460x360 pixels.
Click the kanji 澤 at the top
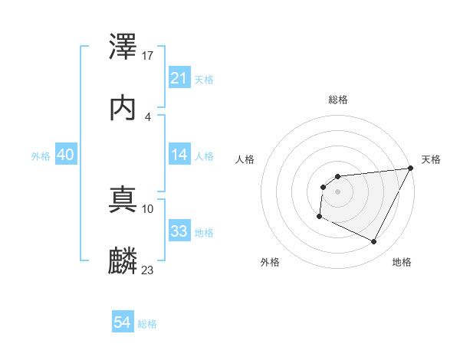(123, 48)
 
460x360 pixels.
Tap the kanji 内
(123, 108)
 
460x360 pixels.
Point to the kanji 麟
(123, 260)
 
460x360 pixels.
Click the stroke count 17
(148, 56)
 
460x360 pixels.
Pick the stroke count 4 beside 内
(148, 116)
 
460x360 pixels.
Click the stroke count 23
(148, 270)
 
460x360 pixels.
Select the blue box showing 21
(179, 78)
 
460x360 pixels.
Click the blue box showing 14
(179, 155)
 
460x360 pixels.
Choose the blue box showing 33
(179, 231)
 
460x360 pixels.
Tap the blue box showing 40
(65, 155)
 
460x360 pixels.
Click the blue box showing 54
(122, 322)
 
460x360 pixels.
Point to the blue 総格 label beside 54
(147, 324)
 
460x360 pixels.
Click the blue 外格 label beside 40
(41, 156)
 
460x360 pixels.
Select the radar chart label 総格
(338, 100)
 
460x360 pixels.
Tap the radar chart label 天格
(431, 159)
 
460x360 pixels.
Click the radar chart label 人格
(245, 159)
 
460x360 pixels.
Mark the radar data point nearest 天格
(411, 169)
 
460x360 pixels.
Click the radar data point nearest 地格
(374, 242)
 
